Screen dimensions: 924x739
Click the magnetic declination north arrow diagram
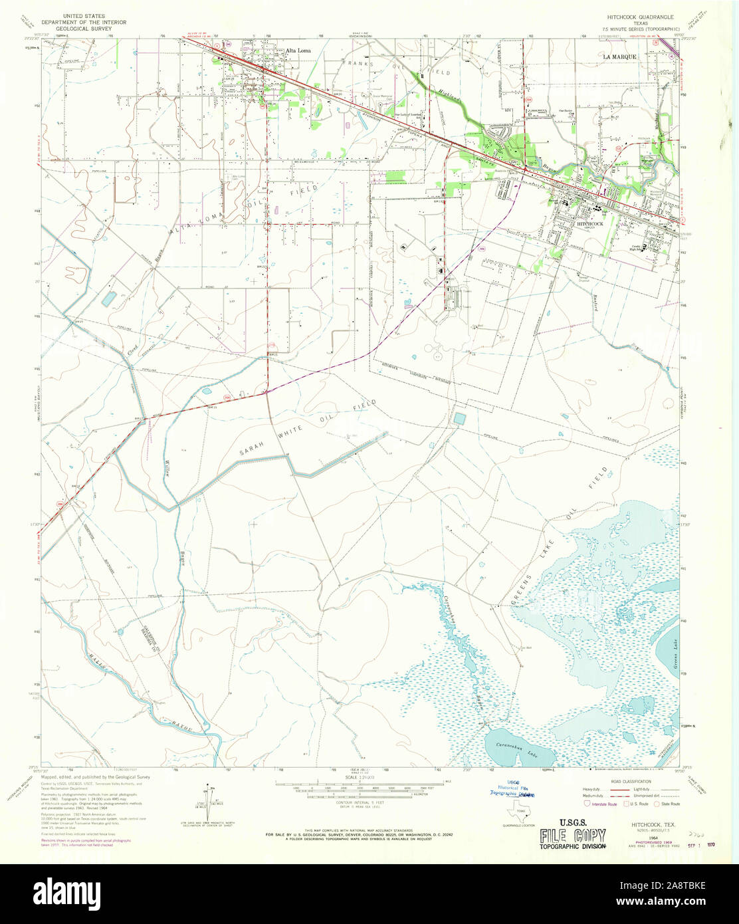tap(210, 804)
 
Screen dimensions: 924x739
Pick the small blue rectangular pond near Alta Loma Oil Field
tap(108, 300)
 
